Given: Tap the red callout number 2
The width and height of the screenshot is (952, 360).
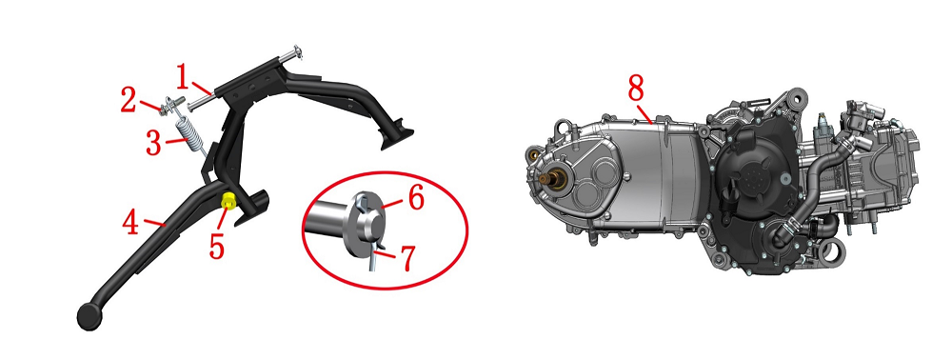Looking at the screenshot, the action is click(x=129, y=101).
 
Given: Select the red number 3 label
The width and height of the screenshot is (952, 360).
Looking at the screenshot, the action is click(x=153, y=144).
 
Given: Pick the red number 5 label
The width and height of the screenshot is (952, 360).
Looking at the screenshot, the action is click(x=217, y=247).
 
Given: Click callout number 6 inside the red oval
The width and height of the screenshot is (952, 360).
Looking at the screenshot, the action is click(x=415, y=198).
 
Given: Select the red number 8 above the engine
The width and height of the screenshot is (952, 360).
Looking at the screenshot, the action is click(x=636, y=89).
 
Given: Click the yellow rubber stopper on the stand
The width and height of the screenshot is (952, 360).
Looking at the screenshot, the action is click(x=228, y=199).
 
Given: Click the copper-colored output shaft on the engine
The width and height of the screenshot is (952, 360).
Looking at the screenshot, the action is click(x=553, y=178).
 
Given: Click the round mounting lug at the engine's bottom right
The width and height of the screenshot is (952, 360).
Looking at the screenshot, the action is click(x=834, y=249).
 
